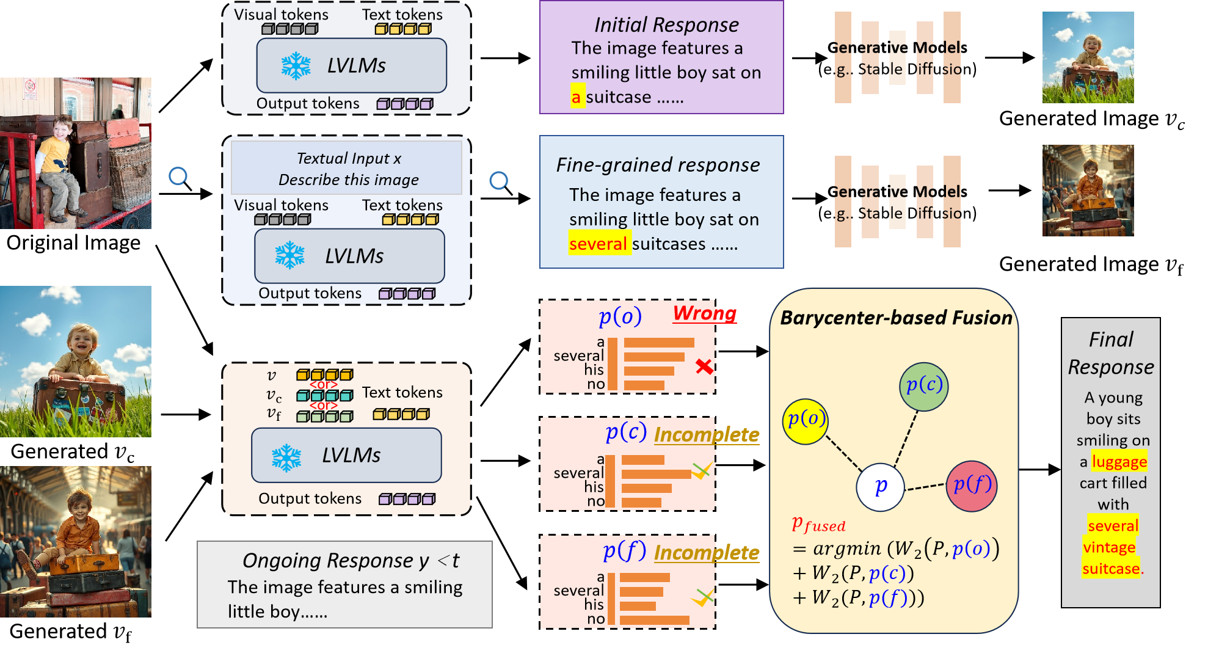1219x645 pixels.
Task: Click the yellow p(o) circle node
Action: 806,421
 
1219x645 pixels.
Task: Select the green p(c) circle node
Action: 924,386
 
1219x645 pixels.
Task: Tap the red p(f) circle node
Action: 972,486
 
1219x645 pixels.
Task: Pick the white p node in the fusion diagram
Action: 880,487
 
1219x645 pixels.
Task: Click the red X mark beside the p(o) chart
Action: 704,366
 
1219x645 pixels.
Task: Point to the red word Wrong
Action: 704,313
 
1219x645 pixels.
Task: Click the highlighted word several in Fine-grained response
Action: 598,244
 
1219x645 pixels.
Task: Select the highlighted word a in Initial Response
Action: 576,97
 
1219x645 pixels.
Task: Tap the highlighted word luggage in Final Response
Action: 1119,462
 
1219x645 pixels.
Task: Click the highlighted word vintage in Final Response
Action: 1108,547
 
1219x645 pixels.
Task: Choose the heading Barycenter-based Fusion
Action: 896,318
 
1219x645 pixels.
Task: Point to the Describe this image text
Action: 348,180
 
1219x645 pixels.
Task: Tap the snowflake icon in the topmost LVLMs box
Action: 296,65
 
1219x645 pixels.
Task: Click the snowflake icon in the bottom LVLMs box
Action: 286,457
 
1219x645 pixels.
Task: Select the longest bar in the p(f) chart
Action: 654,619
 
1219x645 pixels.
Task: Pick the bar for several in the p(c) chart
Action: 656,474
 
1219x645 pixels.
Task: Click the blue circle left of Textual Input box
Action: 178,177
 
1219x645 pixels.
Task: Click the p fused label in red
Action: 818,525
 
